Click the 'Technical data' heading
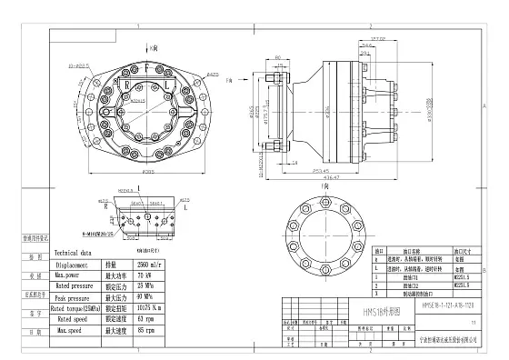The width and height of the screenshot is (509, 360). (75, 254)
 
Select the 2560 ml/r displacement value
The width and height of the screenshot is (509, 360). (150, 265)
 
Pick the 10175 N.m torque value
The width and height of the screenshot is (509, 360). (151, 307)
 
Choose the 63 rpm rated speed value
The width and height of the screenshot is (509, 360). (145, 318)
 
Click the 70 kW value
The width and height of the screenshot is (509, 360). (145, 275)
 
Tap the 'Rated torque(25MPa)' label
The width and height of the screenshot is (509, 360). (78, 307)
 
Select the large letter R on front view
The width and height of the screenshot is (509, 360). (129, 85)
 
